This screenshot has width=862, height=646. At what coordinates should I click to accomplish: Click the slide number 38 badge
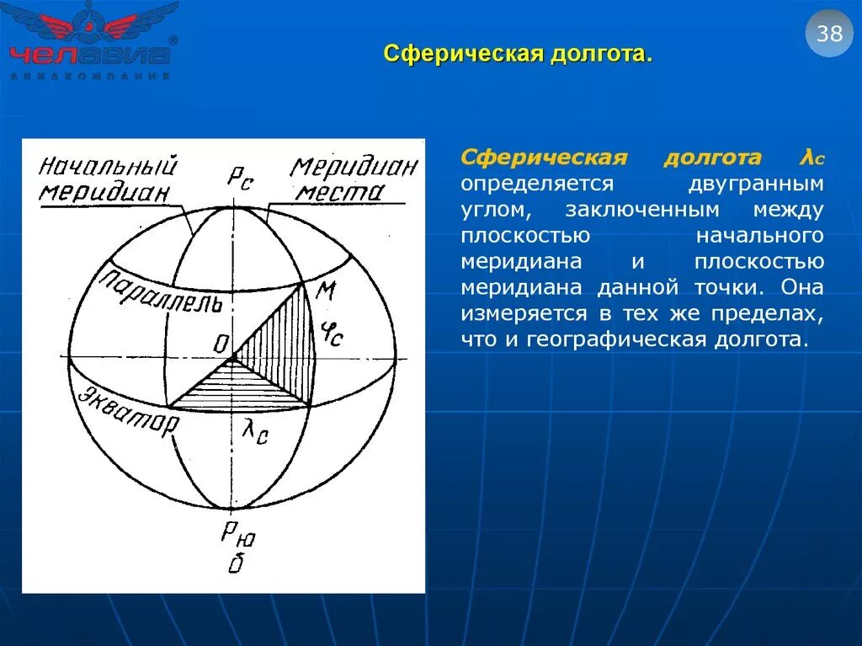pyautogui.click(x=829, y=35)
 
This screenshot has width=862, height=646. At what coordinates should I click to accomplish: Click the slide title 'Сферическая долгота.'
pyautogui.click(x=518, y=55)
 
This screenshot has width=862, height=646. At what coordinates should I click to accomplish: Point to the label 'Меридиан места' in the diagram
pyautogui.click(x=354, y=179)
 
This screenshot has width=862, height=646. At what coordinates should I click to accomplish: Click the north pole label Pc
pyautogui.click(x=239, y=177)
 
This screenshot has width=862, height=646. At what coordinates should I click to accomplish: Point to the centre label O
pyautogui.click(x=222, y=344)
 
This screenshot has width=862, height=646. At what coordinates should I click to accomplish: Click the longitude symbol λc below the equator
pyautogui.click(x=255, y=431)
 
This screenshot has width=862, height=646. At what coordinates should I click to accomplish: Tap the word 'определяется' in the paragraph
pyautogui.click(x=536, y=183)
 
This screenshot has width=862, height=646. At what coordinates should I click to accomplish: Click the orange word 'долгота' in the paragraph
pyautogui.click(x=712, y=157)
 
